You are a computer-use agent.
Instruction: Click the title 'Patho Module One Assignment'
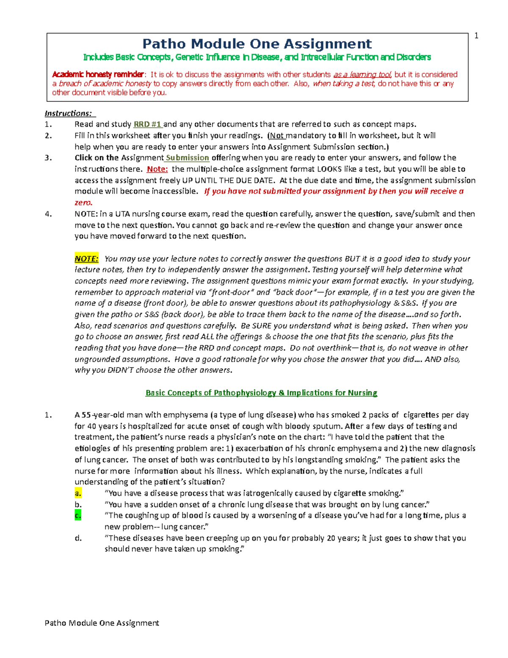[257, 44]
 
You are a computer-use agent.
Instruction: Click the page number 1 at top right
[476, 36]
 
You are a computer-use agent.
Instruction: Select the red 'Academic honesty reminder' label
[98, 75]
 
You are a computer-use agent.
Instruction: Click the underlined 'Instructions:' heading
[68, 113]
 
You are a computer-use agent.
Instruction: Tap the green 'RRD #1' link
[147, 124]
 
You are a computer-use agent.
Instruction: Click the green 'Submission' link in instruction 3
[187, 158]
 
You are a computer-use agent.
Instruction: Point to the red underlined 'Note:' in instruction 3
[157, 169]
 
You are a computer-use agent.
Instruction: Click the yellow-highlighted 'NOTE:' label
[86, 258]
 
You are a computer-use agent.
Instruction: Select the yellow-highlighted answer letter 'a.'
[78, 493]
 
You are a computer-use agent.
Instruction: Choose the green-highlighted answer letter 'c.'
[78, 515]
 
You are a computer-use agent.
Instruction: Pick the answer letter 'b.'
[78, 504]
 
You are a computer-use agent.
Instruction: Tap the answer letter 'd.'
[78, 538]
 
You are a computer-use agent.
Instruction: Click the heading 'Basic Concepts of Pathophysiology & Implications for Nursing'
[261, 393]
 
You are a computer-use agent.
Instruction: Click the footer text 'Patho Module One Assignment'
[102, 623]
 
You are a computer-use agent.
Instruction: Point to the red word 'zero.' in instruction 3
[83, 203]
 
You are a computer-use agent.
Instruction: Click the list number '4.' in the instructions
[48, 214]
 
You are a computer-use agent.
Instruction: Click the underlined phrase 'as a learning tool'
[362, 75]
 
